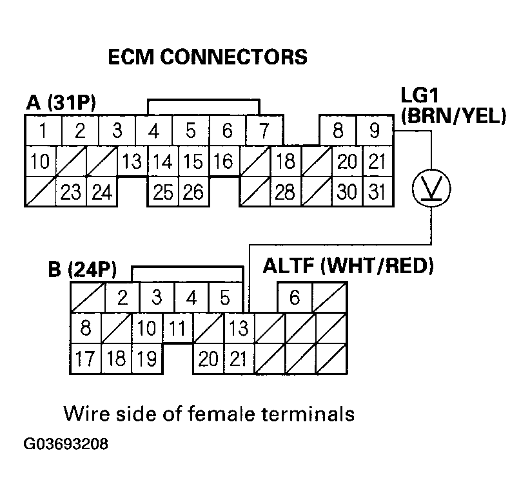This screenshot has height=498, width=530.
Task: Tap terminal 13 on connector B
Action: [238, 328]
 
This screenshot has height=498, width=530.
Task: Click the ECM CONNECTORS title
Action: [206, 57]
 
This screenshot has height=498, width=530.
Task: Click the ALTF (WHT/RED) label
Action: [348, 266]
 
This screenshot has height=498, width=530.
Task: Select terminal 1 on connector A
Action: [43, 131]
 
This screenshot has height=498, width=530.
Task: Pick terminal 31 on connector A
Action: [377, 191]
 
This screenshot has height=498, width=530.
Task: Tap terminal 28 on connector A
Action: [284, 191]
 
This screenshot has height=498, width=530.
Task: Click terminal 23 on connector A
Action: [71, 191]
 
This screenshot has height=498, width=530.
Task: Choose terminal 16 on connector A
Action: [223, 161]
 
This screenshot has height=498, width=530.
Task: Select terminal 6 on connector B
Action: [295, 298]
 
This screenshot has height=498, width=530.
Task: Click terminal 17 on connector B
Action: [84, 358]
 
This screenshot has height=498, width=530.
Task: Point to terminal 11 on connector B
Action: [178, 328]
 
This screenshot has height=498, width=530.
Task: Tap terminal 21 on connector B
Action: [238, 358]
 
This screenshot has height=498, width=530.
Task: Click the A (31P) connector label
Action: [61, 102]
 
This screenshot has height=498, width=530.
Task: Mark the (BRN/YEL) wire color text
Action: [453, 117]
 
